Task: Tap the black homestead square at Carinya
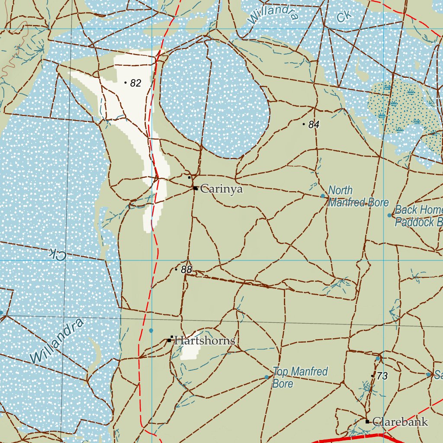(196, 188)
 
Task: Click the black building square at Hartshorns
(170, 340)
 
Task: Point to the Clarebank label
(400, 422)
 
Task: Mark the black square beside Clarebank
(367, 421)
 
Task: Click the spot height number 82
(136, 83)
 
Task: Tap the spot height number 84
(314, 125)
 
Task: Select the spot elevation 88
(186, 270)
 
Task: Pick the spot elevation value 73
(382, 376)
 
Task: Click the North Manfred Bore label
(358, 196)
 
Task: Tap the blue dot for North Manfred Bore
(323, 196)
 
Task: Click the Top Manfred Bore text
(300, 377)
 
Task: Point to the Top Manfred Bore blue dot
(266, 377)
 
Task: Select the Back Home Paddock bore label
(418, 216)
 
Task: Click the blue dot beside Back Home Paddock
(389, 215)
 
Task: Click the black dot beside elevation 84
(304, 124)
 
